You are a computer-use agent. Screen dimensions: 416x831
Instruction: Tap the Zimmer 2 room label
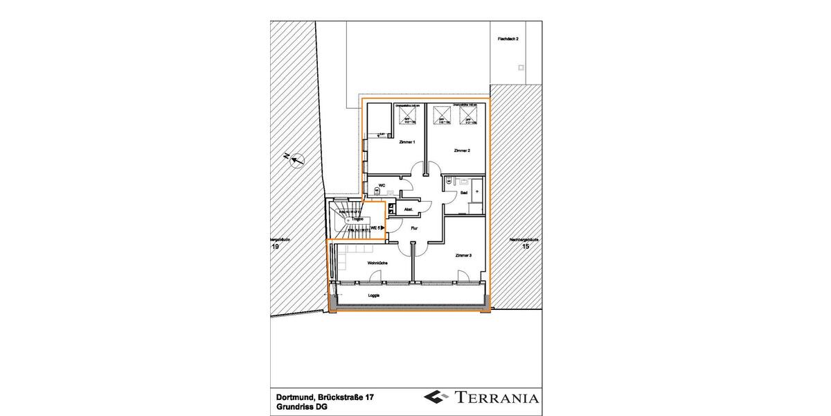462,150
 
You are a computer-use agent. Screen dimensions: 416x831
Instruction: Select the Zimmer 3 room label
463,256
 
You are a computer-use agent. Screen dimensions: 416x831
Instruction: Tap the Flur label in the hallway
414,226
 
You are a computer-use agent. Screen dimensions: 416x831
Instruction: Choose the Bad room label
464,192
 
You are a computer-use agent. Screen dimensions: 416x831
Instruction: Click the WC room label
381,185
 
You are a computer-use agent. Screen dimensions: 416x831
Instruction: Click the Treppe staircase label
357,219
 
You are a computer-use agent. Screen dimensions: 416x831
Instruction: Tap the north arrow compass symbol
296,160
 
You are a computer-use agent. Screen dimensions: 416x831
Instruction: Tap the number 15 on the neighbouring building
525,246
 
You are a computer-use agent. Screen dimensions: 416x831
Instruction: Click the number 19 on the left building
275,246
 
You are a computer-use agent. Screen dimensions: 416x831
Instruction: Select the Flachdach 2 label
508,40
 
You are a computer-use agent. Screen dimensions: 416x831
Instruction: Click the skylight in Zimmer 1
407,116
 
